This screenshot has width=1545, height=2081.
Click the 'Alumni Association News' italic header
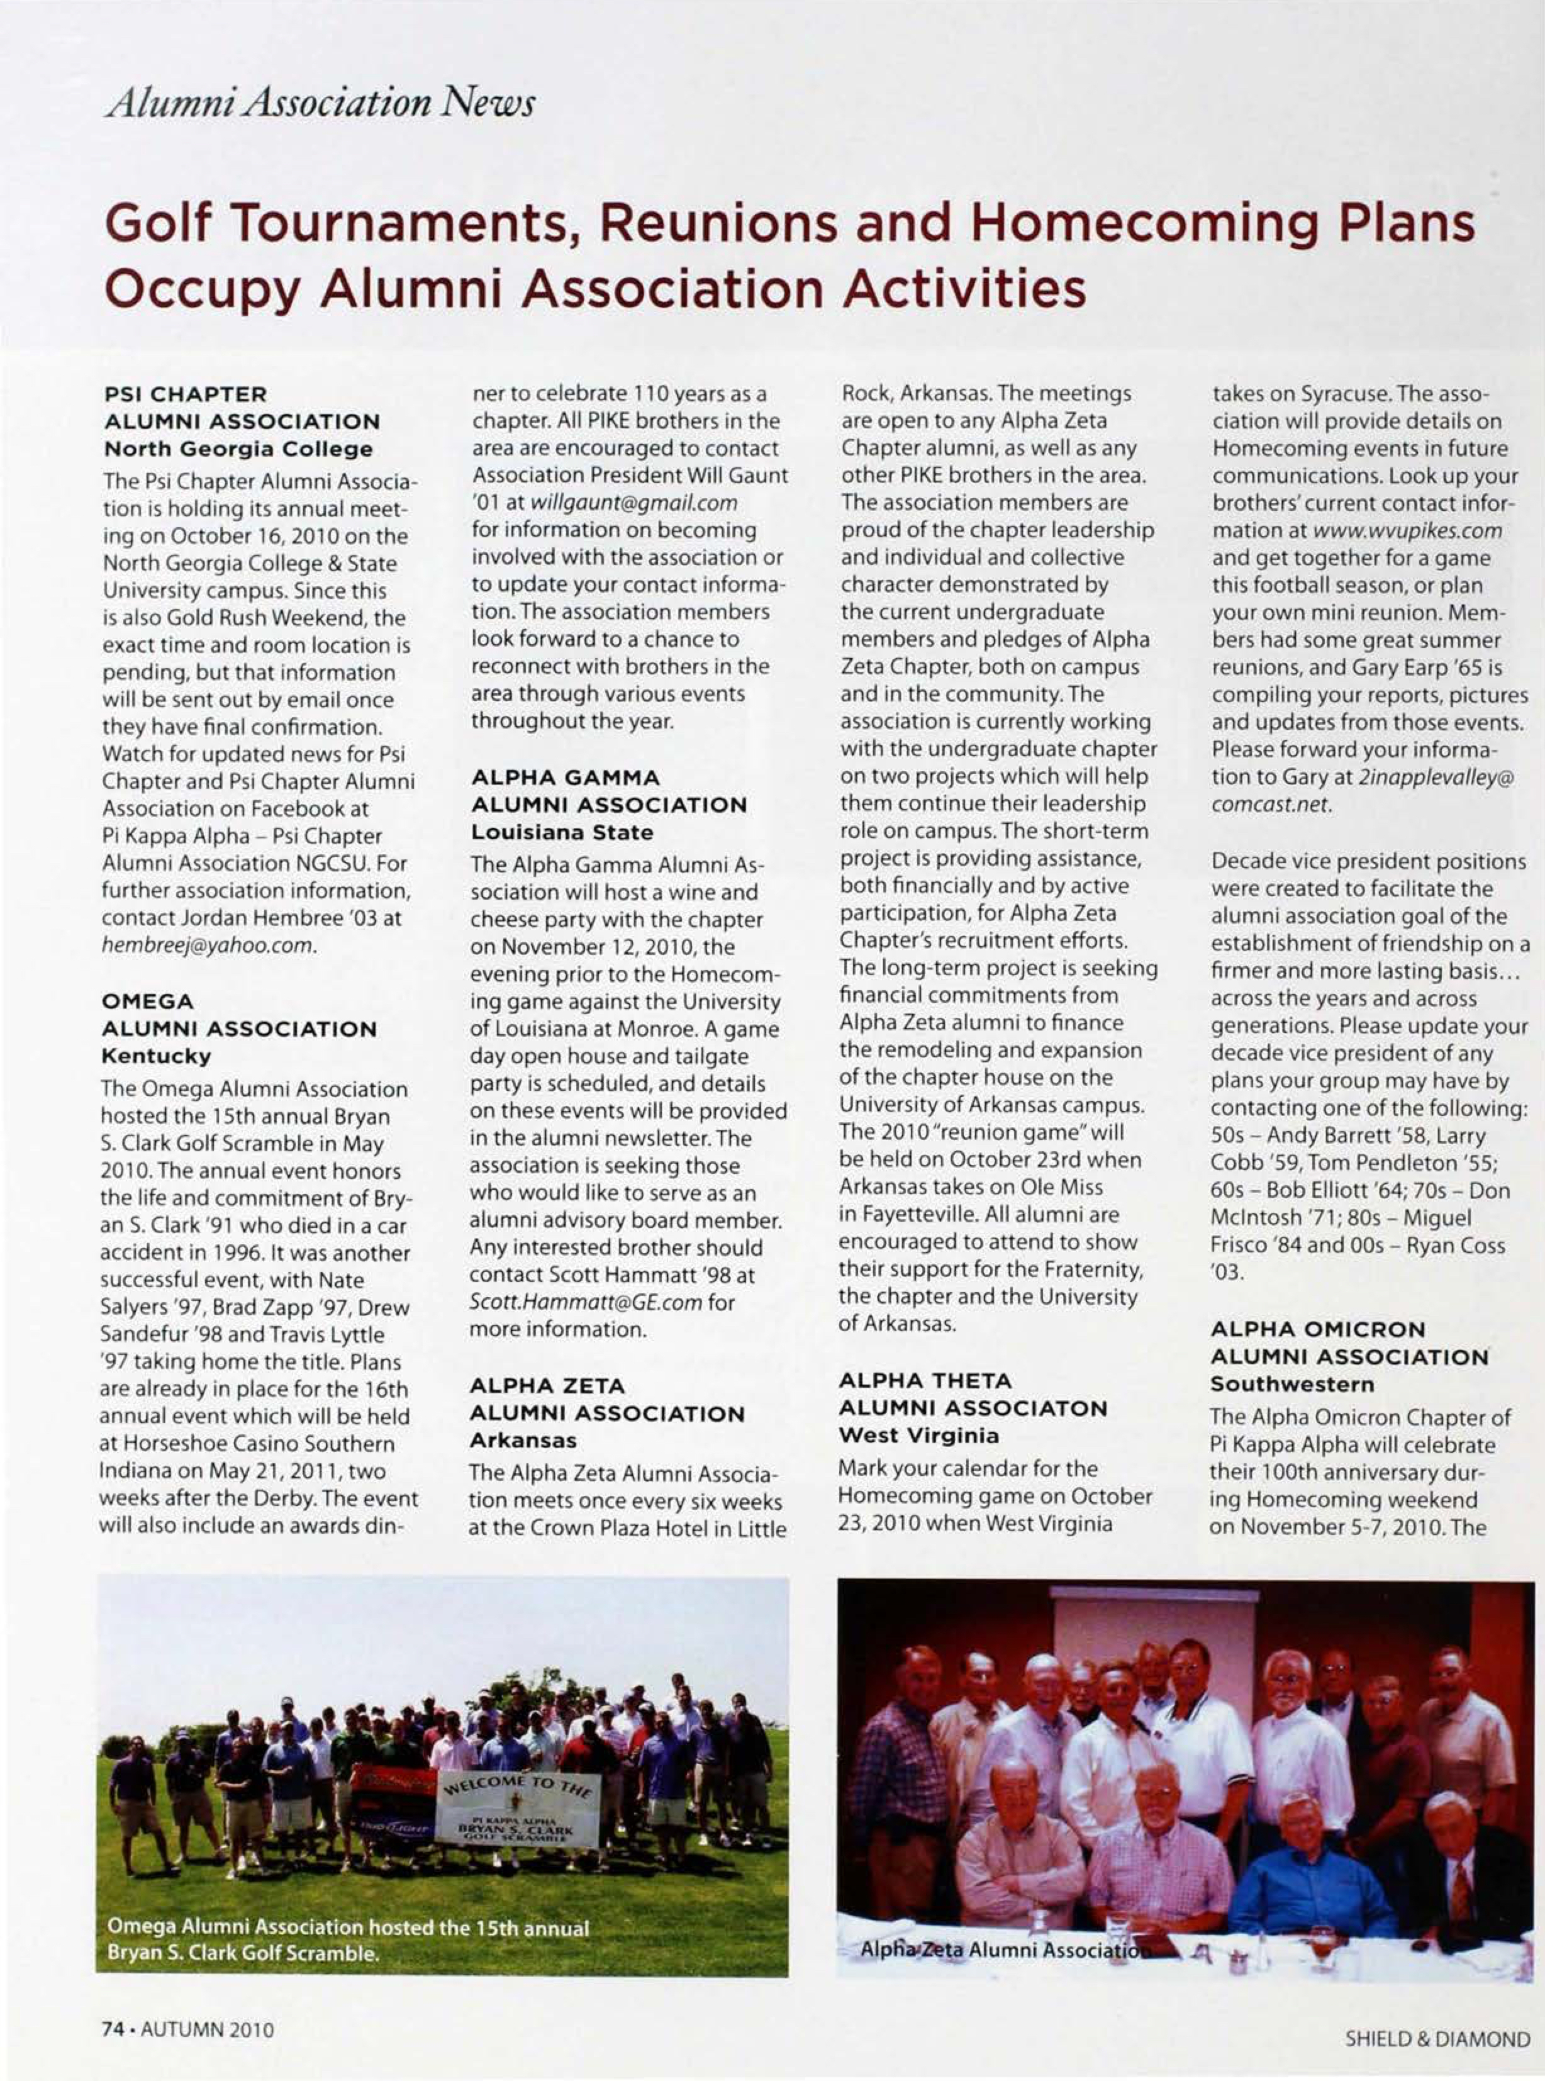coord(320,100)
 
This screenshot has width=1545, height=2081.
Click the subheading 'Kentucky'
coord(156,1056)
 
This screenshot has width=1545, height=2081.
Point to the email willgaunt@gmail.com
coord(634,503)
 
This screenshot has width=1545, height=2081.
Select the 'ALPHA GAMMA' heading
coord(565,777)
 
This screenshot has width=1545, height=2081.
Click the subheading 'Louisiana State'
coord(562,832)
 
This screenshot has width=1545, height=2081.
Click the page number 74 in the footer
coord(112,2029)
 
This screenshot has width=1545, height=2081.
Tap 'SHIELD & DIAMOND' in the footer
coord(1437,2039)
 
